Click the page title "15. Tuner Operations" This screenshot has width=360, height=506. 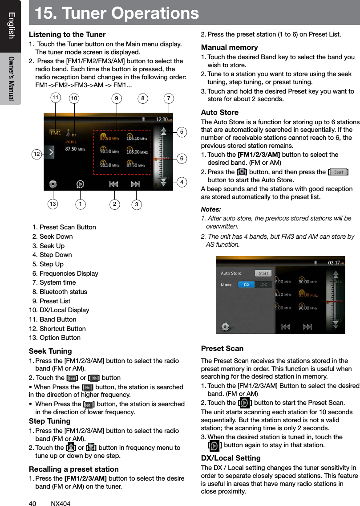point(114,13)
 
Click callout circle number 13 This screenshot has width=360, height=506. point(53,204)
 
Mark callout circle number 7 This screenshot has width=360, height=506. point(169,98)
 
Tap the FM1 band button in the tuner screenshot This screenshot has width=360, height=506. point(56,133)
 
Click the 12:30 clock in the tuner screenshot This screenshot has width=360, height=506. point(161,119)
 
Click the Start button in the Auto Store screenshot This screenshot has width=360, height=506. point(263,273)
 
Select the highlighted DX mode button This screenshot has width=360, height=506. point(246,285)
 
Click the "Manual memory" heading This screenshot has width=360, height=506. point(229,47)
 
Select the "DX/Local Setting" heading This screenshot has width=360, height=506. point(231,458)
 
